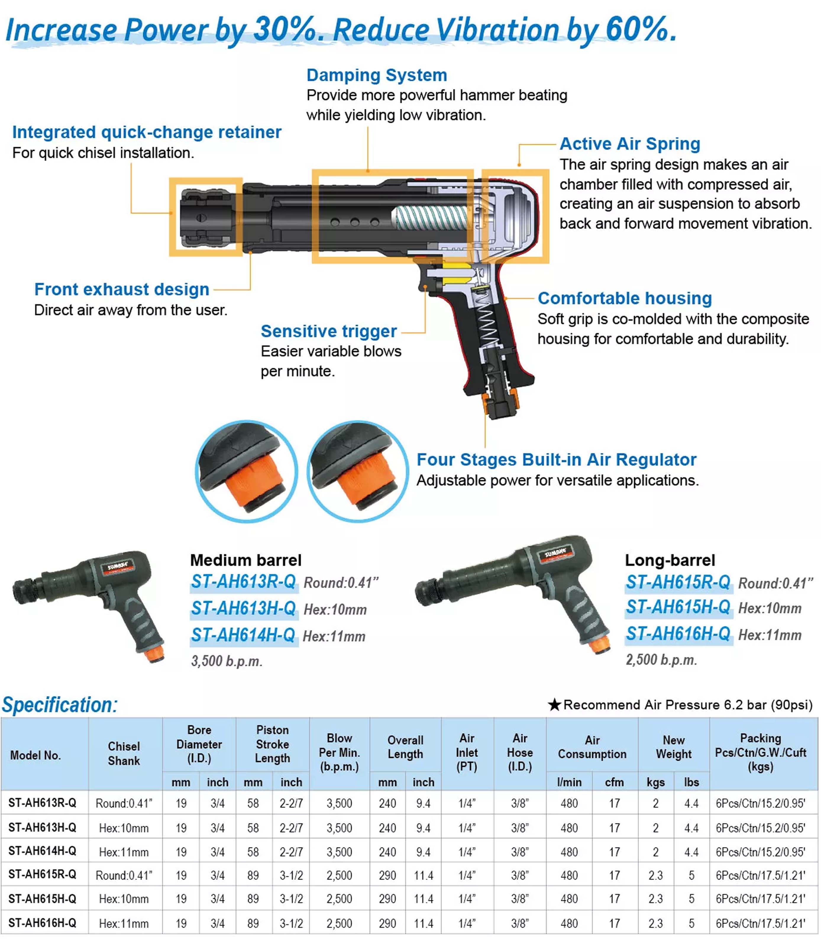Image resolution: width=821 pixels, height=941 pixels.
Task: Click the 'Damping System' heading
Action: (376, 75)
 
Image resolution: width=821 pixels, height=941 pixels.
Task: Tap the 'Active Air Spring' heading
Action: (630, 143)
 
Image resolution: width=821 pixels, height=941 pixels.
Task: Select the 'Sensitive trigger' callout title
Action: (329, 331)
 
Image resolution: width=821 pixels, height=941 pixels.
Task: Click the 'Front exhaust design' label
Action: (122, 289)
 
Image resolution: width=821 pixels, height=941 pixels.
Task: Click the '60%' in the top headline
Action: (641, 29)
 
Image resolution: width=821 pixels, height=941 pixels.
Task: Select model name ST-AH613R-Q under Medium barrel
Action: (244, 581)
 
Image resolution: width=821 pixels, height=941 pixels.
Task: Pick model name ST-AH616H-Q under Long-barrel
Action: (678, 634)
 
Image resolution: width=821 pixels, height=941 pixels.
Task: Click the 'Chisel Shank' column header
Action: (124, 753)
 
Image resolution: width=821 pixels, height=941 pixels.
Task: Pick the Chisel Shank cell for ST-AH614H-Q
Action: (124, 852)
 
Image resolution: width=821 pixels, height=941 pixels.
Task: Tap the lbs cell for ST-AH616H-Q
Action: (691, 923)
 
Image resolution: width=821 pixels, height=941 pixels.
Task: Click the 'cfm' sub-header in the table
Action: (614, 782)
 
